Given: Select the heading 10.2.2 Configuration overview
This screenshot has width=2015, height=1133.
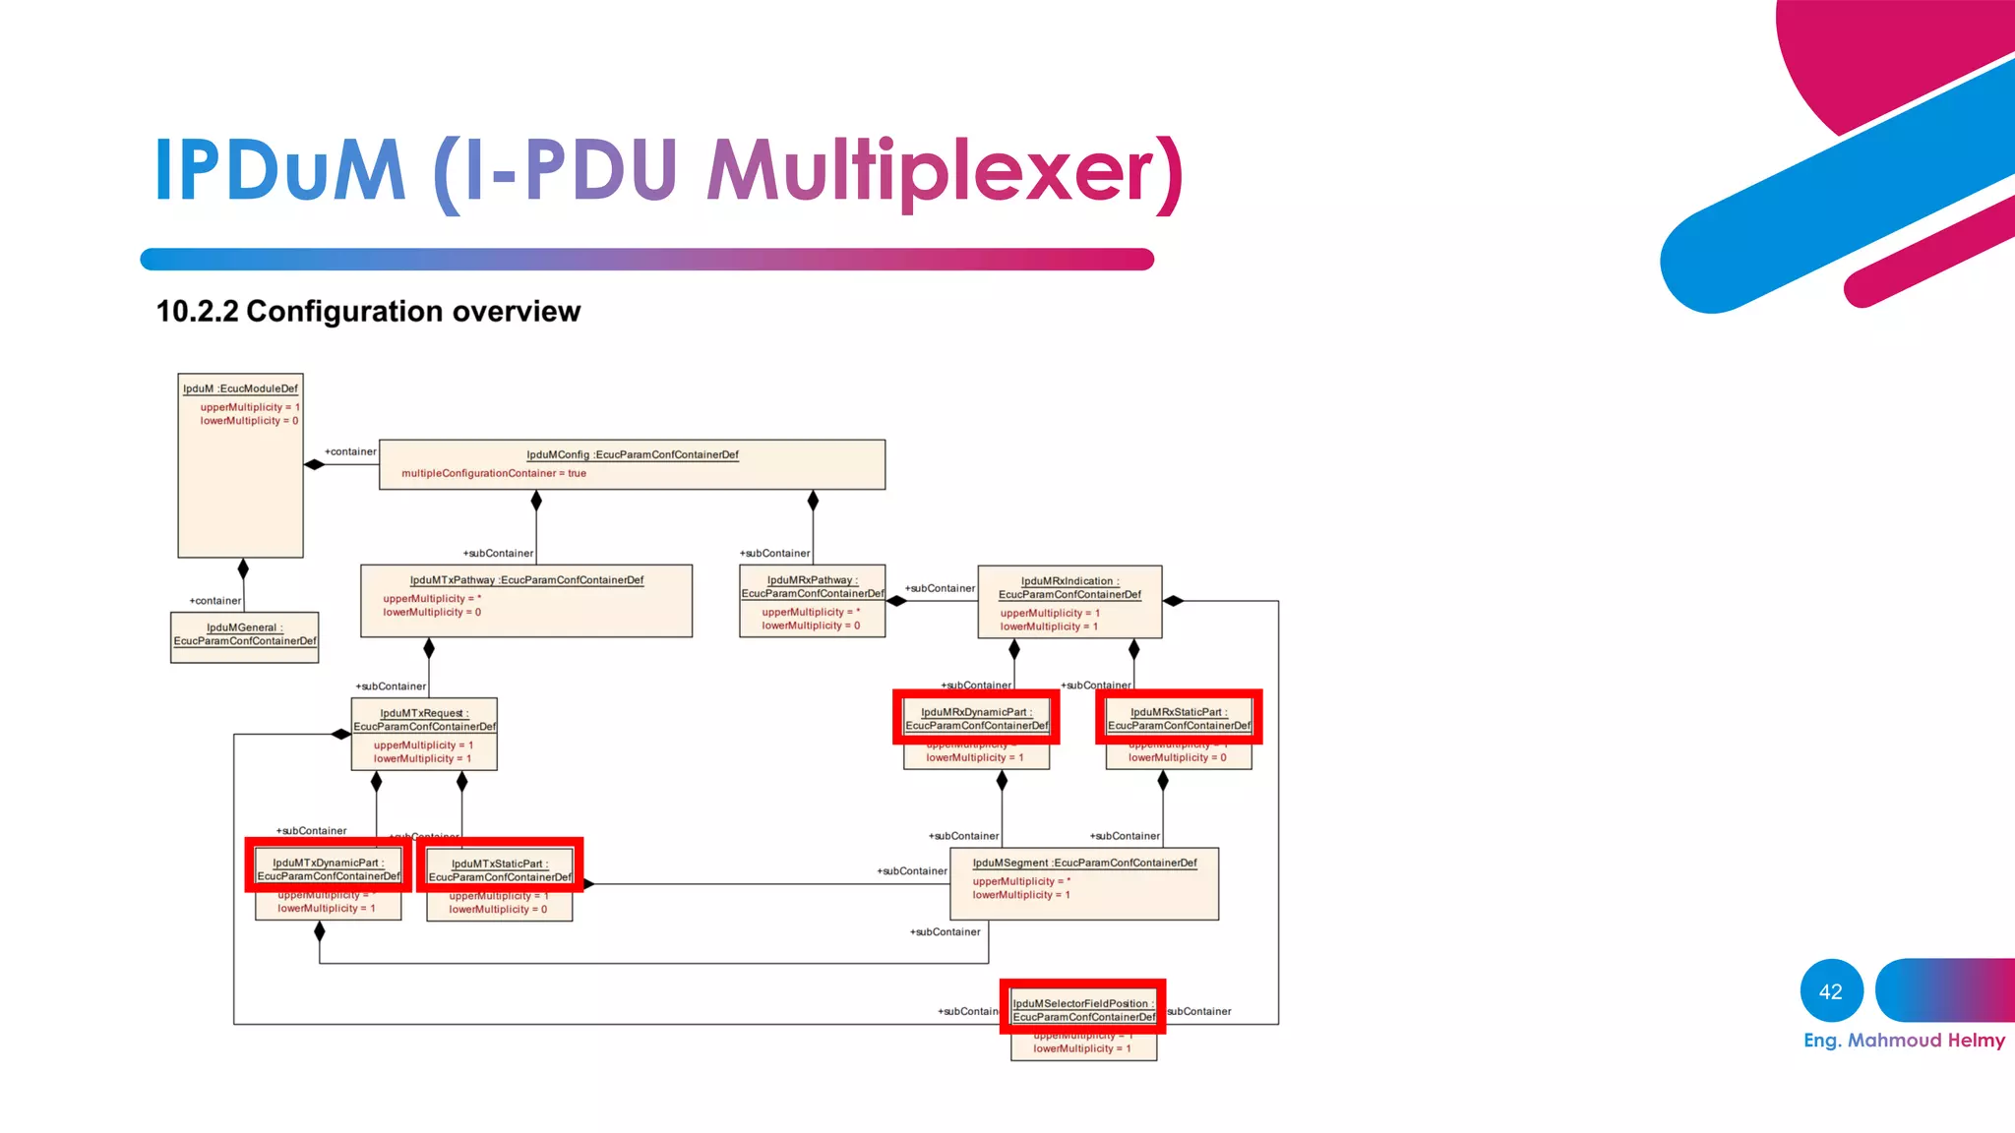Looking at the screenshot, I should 368,312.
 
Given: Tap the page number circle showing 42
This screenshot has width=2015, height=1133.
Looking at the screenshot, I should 1831,991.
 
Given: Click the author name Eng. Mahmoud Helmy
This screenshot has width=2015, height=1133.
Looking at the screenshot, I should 1904,1041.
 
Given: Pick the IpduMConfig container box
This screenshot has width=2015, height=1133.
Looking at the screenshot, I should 632,464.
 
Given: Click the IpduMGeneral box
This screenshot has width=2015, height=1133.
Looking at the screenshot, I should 244,636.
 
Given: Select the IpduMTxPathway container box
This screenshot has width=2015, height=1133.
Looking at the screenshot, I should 526,600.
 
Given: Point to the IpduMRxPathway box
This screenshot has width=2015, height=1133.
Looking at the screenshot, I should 813,601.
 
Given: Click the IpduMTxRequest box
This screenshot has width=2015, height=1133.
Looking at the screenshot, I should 424,734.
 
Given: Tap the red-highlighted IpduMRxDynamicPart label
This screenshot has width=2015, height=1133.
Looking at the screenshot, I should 976,718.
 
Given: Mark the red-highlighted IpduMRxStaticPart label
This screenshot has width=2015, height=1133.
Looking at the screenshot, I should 1179,718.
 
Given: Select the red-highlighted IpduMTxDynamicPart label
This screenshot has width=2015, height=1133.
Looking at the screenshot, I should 328,868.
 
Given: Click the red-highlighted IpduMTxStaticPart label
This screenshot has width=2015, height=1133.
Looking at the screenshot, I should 500,869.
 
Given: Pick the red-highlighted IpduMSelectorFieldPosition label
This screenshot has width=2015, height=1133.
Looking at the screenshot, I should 1083,1009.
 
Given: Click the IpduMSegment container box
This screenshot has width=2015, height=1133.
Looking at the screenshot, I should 1084,883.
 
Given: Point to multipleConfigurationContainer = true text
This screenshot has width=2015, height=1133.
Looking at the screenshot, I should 493,474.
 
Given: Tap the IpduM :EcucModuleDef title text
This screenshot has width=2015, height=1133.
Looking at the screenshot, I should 240,388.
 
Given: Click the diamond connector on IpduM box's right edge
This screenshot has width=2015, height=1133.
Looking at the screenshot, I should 314,464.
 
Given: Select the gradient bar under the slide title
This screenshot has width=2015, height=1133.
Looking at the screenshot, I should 646,259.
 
